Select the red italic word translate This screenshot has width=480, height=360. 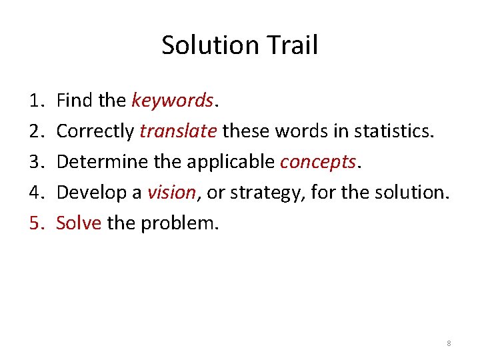tap(178, 131)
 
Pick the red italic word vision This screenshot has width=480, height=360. tap(171, 193)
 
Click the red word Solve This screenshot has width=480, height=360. tap(79, 223)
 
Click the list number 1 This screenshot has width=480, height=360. tap(35, 101)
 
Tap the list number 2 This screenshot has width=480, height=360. tap(35, 131)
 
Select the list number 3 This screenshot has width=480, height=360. tap(35, 162)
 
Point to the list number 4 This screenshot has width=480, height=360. tap(35, 193)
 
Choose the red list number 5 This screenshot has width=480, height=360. tap(35, 223)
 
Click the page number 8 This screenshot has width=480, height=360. tap(449, 343)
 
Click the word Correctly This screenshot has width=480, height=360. tap(95, 131)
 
